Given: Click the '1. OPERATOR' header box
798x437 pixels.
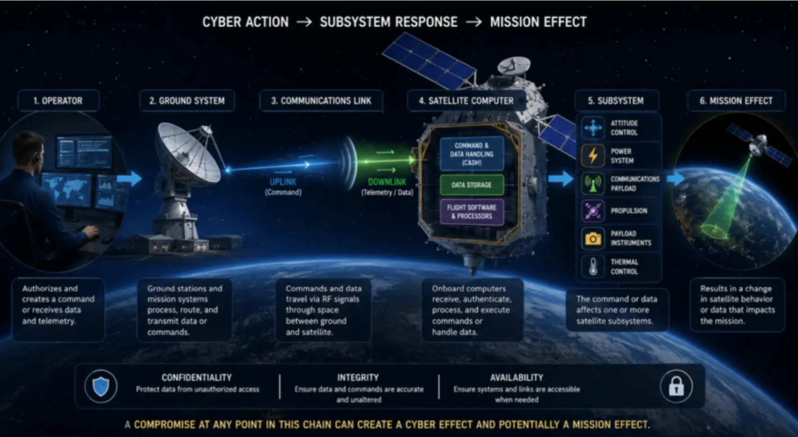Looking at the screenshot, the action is [x=58, y=101].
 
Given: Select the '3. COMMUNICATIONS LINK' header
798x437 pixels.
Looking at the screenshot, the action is [x=321, y=101].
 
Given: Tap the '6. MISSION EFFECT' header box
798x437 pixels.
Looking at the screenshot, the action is [x=736, y=101].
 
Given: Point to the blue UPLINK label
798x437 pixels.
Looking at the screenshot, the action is [x=283, y=182].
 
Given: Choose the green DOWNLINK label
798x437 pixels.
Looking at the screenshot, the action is [x=387, y=182].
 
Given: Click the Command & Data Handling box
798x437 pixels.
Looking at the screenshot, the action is [x=472, y=154].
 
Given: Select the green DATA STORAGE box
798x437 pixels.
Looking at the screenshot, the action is [x=472, y=185].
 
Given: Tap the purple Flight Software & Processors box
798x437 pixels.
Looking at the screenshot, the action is [x=472, y=212].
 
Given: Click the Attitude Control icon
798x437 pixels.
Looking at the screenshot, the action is [x=593, y=127].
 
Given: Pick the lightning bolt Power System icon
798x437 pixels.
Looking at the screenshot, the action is [x=593, y=156].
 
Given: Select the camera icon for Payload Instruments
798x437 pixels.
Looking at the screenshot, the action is [x=593, y=238].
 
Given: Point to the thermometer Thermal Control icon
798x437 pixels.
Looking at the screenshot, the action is [x=593, y=266].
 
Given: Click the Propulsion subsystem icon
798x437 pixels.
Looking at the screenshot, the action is [x=593, y=211].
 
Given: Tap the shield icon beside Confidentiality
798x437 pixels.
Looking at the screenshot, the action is [x=101, y=386].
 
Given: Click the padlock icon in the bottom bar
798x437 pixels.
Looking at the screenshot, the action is [x=676, y=386].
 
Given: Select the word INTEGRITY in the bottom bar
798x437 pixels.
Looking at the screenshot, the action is [x=358, y=378].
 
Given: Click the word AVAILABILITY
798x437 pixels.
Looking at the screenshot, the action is [x=517, y=378].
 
